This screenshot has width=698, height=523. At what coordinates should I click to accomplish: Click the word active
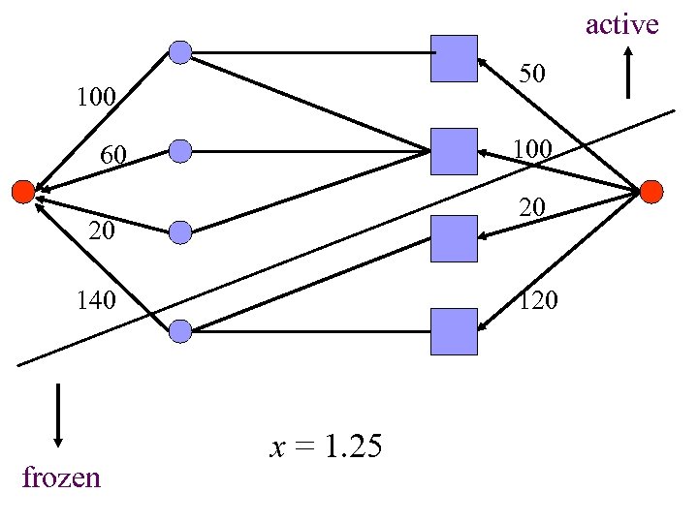621,24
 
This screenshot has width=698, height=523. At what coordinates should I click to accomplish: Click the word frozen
60,477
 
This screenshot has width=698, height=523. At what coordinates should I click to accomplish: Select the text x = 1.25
326,446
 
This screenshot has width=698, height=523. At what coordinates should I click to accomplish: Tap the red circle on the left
22,192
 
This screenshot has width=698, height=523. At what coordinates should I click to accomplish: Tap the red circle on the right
651,192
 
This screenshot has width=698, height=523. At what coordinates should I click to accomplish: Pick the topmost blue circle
180,51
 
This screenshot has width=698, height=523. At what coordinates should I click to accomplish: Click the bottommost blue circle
180,331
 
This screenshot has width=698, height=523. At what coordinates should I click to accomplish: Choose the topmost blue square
454,58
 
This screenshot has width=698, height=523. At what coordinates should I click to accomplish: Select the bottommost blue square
454,331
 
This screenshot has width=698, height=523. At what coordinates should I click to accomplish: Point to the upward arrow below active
629,72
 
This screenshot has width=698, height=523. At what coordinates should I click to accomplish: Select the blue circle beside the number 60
180,151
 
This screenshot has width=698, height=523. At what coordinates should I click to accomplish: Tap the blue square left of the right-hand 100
454,151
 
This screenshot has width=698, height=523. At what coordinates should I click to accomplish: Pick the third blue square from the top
454,238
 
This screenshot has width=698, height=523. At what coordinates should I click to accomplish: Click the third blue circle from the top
180,231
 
